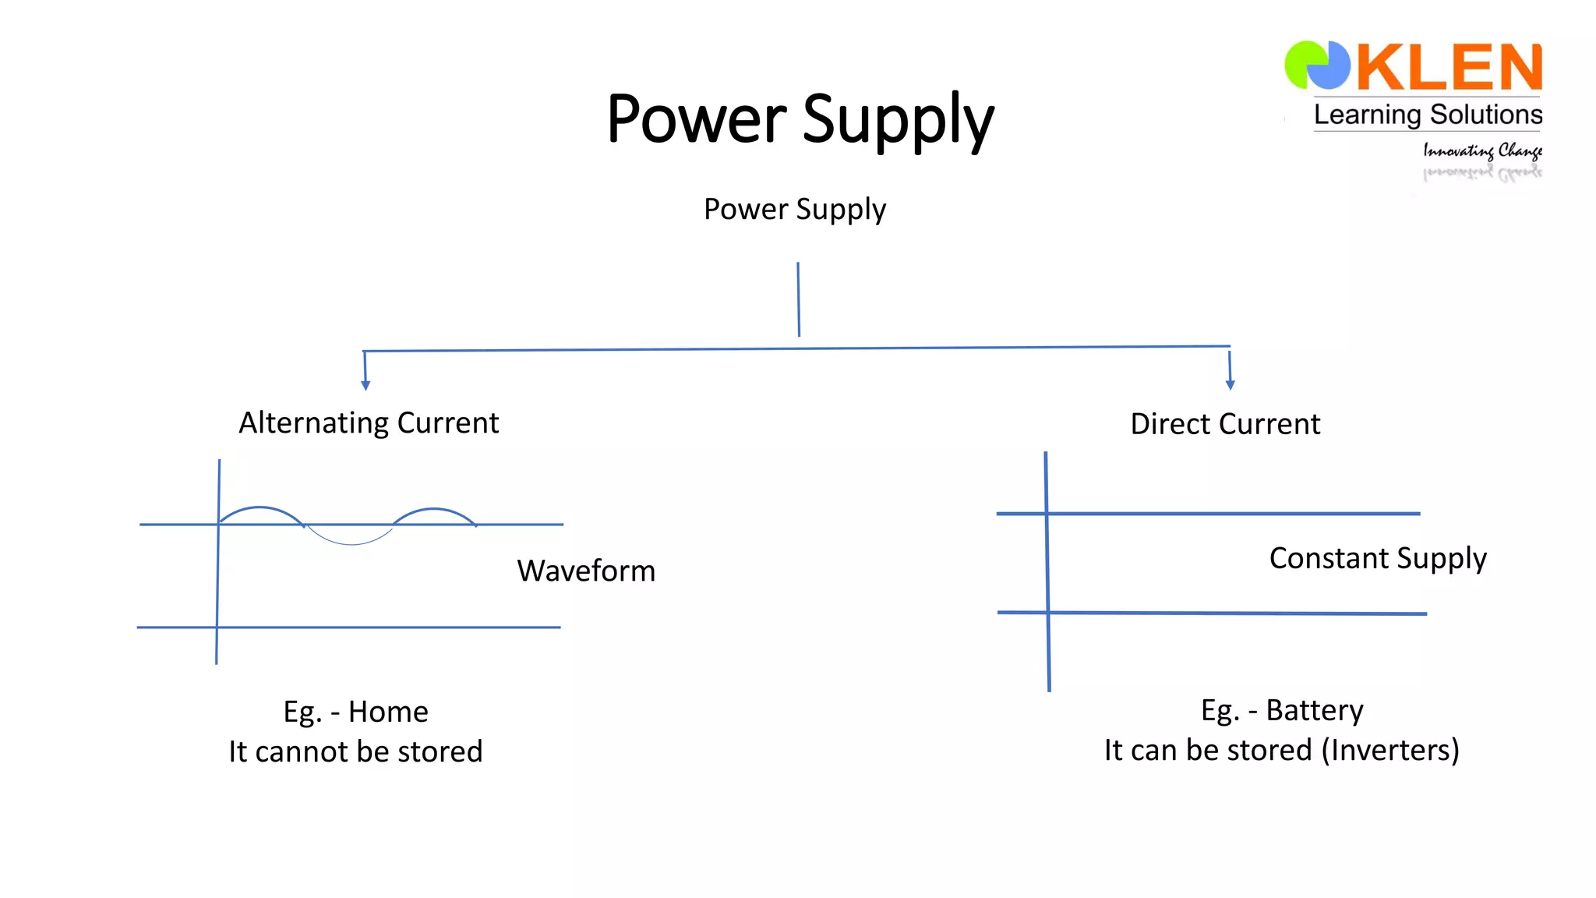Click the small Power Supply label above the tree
click(794, 209)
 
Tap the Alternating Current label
click(369, 422)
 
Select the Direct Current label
click(1225, 424)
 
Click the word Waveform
click(586, 571)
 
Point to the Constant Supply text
click(1378, 558)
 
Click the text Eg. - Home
click(355, 712)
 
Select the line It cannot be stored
click(355, 751)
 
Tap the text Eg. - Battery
click(1282, 710)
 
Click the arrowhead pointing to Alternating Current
click(365, 385)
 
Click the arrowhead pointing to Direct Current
click(1231, 384)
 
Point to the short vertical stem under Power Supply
click(798, 299)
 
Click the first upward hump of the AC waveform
click(260, 508)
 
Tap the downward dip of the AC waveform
click(351, 543)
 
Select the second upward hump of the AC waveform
click(433, 510)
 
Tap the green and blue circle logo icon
click(1317, 65)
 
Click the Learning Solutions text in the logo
click(1428, 115)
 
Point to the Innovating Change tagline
click(1482, 150)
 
